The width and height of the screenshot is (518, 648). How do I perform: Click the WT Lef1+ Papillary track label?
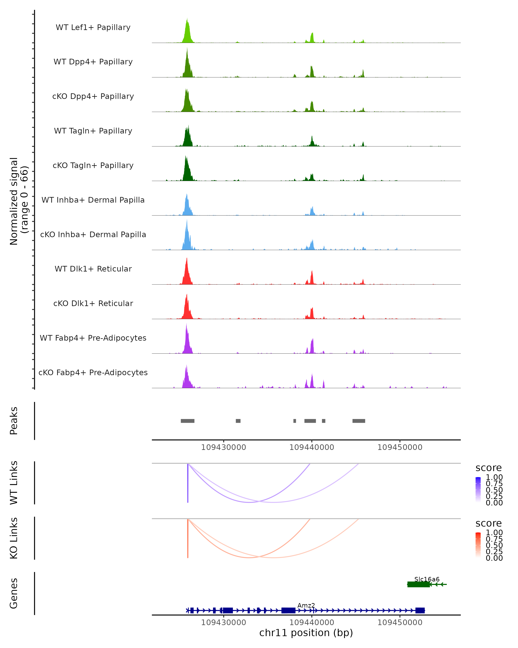click(93, 27)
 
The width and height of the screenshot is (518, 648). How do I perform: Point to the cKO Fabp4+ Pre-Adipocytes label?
click(93, 372)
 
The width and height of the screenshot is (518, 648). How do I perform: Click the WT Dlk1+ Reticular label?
click(93, 269)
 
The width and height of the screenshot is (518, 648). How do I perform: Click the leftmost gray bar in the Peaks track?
click(187, 421)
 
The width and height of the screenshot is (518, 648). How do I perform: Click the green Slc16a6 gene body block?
click(418, 584)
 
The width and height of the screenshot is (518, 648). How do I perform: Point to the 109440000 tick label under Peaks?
click(312, 447)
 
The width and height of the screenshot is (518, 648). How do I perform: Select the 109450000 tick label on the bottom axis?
click(400, 623)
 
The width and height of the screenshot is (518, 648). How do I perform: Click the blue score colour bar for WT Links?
click(478, 490)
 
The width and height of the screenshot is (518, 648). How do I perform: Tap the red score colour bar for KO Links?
click(478, 545)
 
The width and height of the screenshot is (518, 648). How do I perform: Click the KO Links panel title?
click(14, 538)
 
